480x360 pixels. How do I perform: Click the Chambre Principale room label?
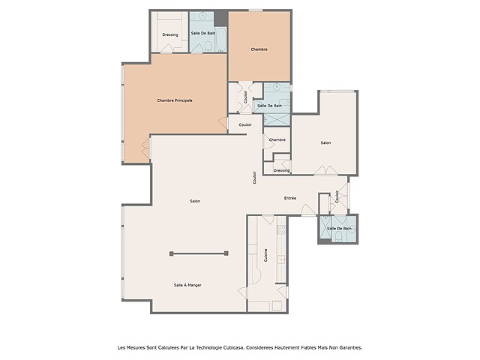click(x=175, y=100)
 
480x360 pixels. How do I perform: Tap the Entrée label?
click(x=290, y=198)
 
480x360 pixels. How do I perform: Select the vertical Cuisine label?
click(x=265, y=255)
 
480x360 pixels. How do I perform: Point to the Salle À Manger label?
click(x=187, y=285)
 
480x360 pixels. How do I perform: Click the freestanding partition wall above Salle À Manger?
click(x=199, y=253)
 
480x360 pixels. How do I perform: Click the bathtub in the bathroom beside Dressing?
click(x=221, y=40)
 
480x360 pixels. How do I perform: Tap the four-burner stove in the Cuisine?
click(x=281, y=230)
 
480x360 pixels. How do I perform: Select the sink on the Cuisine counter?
click(x=281, y=260)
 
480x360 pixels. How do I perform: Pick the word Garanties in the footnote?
click(x=352, y=347)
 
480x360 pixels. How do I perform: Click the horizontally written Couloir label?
click(x=245, y=124)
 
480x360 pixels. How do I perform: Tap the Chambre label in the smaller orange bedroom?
click(x=259, y=49)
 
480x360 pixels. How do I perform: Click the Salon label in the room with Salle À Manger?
click(x=195, y=201)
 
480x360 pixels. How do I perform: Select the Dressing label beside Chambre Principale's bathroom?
click(x=170, y=34)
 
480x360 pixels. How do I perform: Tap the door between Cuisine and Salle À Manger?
click(x=243, y=293)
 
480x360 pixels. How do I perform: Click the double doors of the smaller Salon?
click(x=325, y=170)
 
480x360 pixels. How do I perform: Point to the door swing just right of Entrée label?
click(x=308, y=210)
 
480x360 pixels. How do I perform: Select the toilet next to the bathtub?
click(x=208, y=47)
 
